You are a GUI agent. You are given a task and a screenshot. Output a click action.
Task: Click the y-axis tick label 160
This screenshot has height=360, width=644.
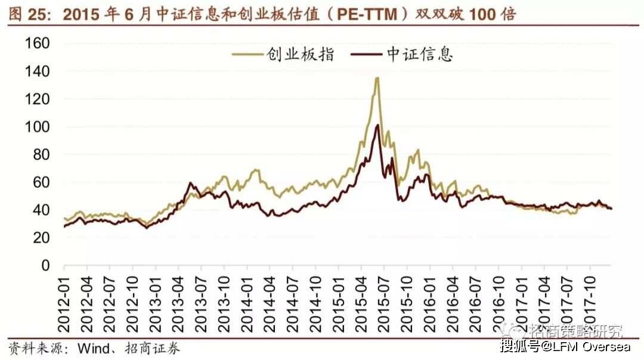(38, 43)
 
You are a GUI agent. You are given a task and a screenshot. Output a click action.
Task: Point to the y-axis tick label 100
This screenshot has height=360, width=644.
(38, 127)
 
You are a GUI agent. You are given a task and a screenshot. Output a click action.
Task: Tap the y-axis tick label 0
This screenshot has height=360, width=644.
(45, 266)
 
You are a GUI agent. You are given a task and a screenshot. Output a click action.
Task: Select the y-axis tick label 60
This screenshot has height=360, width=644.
(42, 182)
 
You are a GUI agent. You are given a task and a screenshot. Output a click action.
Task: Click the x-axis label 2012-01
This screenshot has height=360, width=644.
(64, 304)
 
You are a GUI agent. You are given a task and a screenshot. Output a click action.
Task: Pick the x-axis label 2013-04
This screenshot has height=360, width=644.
(178, 304)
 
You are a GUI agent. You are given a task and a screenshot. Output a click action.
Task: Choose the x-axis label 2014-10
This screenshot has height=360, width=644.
(315, 304)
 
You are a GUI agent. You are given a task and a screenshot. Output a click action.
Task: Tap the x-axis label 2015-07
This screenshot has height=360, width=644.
(384, 304)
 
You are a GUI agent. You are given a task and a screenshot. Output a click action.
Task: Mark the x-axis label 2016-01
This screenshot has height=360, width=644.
(429, 304)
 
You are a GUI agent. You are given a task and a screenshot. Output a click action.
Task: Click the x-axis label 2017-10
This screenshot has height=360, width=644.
(590, 304)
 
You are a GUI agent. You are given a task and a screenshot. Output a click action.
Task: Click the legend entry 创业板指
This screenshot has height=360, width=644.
(283, 54)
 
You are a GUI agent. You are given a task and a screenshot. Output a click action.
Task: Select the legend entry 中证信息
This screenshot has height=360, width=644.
(402, 54)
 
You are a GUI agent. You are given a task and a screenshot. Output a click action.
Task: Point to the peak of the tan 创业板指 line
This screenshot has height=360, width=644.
(377, 77)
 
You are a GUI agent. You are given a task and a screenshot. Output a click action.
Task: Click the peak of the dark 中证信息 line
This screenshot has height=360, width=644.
(377, 125)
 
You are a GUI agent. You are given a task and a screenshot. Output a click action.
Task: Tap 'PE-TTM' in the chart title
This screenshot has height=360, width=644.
(367, 15)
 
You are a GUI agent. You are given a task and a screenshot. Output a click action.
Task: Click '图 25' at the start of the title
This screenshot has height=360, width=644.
(29, 15)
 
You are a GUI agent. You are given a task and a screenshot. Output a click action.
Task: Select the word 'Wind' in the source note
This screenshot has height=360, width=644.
(94, 349)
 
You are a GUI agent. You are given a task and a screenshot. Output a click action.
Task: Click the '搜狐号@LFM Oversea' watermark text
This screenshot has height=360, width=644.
(565, 346)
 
